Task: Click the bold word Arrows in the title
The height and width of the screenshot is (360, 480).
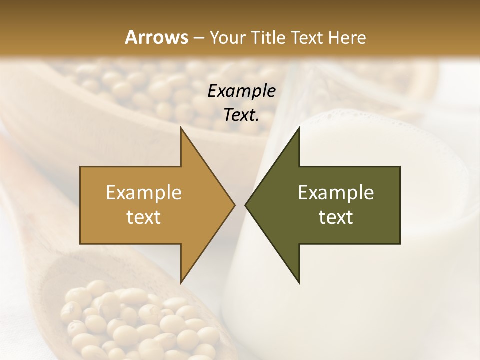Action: [x=156, y=37]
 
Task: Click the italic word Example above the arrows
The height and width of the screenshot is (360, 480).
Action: [x=241, y=91]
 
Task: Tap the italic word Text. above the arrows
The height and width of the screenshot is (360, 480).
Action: [x=241, y=115]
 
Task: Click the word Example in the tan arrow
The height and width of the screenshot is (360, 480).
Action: [x=144, y=193]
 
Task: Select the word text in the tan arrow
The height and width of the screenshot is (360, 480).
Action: [x=144, y=217]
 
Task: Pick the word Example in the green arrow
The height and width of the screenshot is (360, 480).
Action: [x=336, y=193]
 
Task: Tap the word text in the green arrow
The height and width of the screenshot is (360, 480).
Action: [x=336, y=217]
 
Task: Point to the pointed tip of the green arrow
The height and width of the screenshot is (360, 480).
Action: [x=246, y=205]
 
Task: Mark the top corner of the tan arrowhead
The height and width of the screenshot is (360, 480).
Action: [x=181, y=128]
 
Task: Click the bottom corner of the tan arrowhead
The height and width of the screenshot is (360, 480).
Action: [x=181, y=283]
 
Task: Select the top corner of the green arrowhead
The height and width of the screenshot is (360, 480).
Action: [x=299, y=128]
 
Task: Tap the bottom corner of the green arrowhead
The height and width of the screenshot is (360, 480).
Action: [x=299, y=283]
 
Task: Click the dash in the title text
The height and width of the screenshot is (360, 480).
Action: [x=198, y=38]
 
